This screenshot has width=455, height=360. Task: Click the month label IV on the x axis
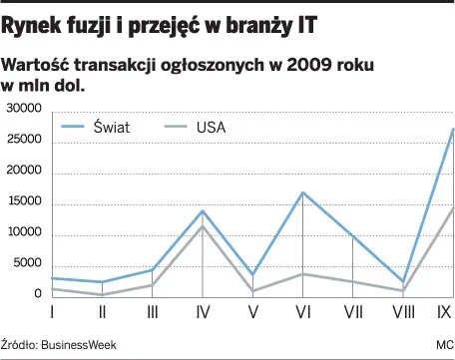click(x=203, y=313)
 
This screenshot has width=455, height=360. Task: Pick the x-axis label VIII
click(x=402, y=313)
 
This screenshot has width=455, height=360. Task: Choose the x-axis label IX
click(x=445, y=313)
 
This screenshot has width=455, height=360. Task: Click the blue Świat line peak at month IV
click(x=203, y=210)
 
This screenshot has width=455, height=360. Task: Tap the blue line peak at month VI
click(x=302, y=192)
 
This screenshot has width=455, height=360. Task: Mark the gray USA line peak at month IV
click(x=203, y=226)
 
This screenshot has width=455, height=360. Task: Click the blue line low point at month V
click(x=252, y=274)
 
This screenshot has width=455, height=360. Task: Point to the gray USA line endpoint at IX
click(x=452, y=208)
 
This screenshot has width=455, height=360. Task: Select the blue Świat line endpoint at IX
click(x=452, y=130)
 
